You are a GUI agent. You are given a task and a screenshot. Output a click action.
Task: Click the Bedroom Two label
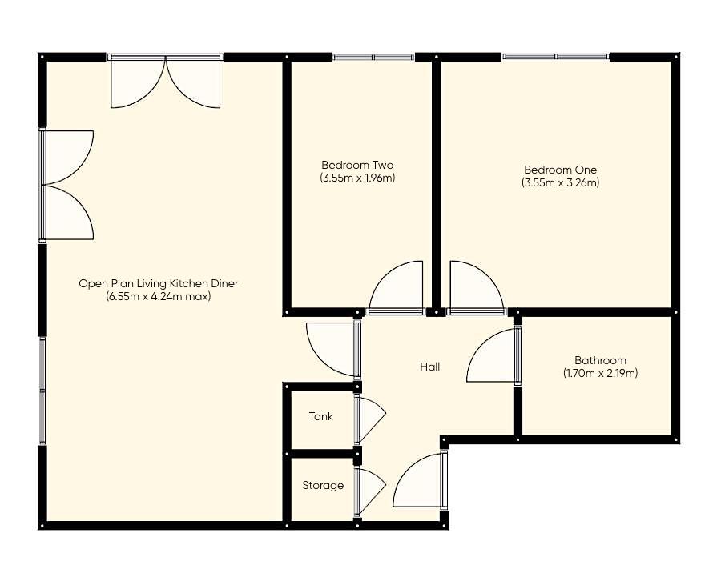pyautogui.click(x=357, y=166)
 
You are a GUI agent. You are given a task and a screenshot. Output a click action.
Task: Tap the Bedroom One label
pyautogui.click(x=560, y=170)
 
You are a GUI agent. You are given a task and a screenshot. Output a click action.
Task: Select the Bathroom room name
pyautogui.click(x=600, y=360)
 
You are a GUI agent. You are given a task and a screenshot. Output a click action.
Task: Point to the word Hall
pyautogui.click(x=430, y=367)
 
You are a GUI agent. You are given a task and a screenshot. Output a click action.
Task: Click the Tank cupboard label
pyautogui.click(x=320, y=416)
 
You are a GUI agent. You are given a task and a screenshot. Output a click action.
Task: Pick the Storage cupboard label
pyautogui.click(x=323, y=485)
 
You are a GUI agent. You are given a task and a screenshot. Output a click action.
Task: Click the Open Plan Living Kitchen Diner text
pyautogui.click(x=158, y=283)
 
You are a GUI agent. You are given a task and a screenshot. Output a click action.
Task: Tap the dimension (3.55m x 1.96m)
pyautogui.click(x=357, y=178)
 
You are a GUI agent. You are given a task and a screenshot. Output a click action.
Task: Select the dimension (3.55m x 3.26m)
pyautogui.click(x=560, y=182)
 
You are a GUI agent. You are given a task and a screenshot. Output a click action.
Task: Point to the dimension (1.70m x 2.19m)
pyautogui.click(x=600, y=373)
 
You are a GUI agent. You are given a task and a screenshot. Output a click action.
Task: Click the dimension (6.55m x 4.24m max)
pyautogui.click(x=158, y=296)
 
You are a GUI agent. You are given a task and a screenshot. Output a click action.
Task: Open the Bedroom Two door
pyautogui.click(x=396, y=288)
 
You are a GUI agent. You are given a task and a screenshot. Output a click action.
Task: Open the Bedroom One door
pyautogui.click(x=476, y=288)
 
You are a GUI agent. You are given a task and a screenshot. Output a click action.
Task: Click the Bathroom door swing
pyautogui.click(x=493, y=356)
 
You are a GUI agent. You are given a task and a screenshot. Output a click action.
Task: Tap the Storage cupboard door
pyautogui.click(x=369, y=491)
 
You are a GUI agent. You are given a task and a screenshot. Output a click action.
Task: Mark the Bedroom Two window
pyautogui.click(x=373, y=58)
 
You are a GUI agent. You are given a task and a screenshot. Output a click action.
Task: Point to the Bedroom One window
pyautogui.click(x=555, y=58)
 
